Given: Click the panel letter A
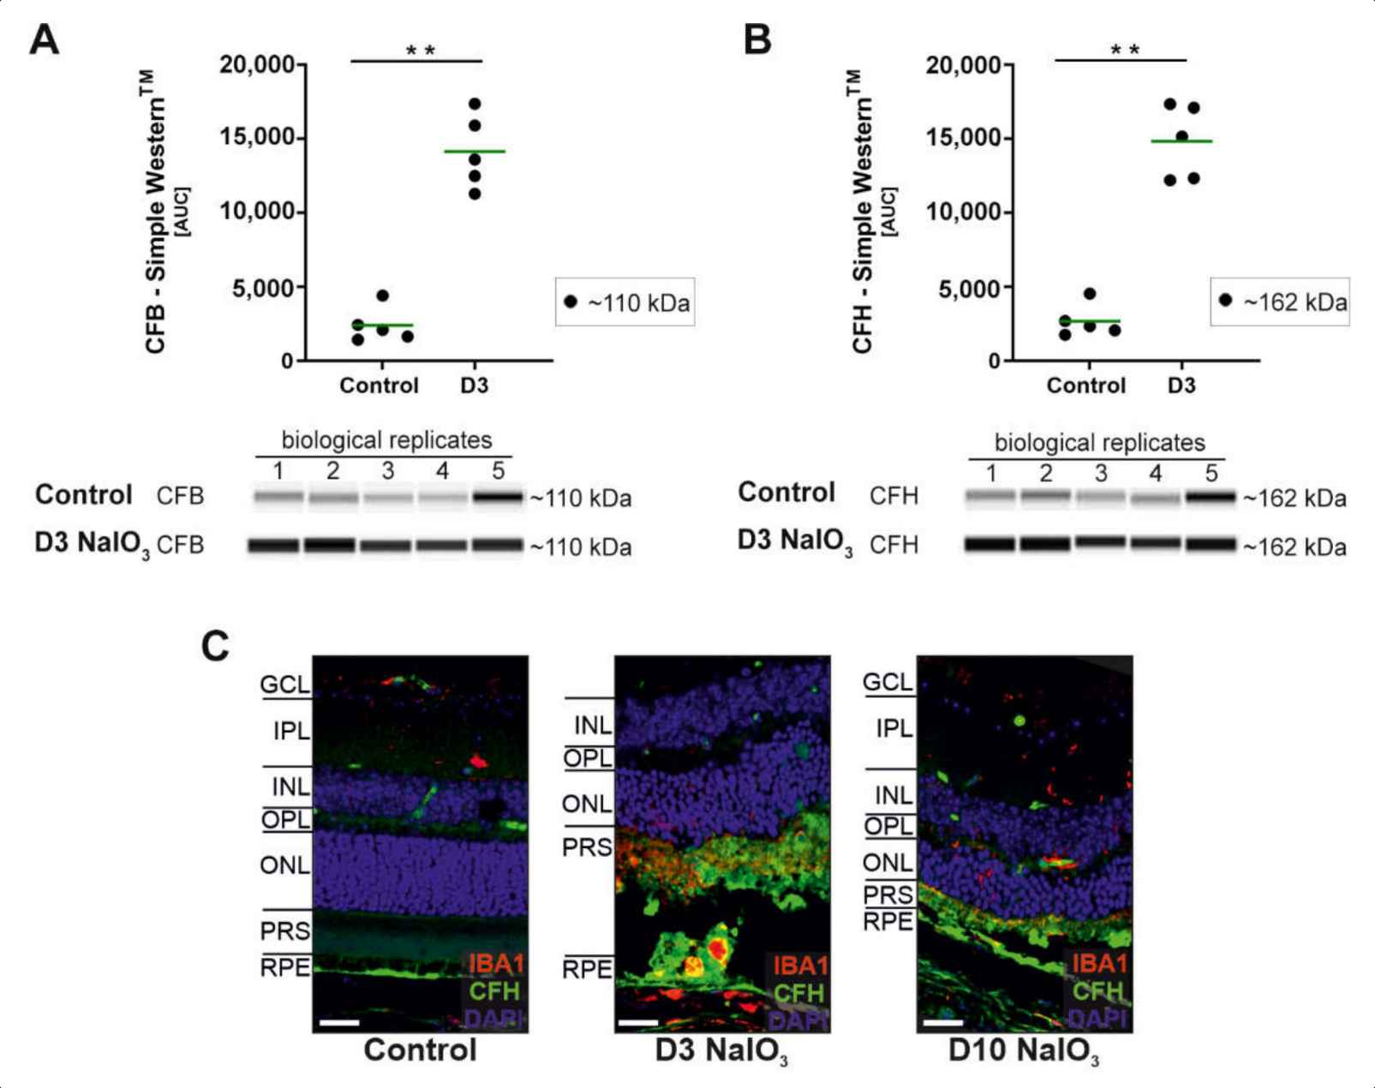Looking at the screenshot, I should (45, 39).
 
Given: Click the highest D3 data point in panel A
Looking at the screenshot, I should (475, 104).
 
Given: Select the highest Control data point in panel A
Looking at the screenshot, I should (382, 296).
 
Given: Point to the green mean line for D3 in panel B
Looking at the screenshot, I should (1181, 140).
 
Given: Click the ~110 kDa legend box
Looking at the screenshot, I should (625, 302).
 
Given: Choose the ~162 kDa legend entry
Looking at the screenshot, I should (1280, 302).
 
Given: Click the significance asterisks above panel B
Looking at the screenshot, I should (1125, 51).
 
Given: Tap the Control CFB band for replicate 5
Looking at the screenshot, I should (498, 497).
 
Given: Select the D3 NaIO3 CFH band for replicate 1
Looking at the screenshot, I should (990, 544).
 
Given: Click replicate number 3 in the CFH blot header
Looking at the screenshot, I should (1101, 474).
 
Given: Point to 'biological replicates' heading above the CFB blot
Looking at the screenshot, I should (386, 440).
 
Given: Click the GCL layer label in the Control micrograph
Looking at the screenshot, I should (285, 684).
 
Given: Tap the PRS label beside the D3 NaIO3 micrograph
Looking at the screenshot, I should (587, 847).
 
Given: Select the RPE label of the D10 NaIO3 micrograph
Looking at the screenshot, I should (888, 922).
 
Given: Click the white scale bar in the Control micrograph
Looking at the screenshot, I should (339, 1023).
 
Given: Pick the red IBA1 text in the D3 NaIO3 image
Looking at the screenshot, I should (799, 965).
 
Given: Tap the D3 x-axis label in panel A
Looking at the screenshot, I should (474, 386).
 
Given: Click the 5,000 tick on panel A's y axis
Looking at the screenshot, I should (262, 288).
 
